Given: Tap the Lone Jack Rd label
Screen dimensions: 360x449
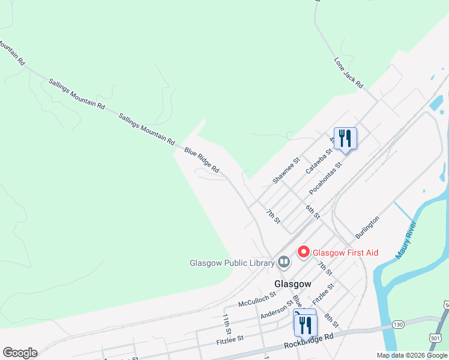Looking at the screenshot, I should pos(349,74).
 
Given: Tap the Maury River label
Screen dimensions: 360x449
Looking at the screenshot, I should pos(406,241).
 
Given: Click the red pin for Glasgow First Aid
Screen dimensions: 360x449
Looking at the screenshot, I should pos(304,252).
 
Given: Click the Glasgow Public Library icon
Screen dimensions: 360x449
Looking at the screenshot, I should pos(283,262).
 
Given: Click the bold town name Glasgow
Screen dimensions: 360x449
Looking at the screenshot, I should pos(293,283).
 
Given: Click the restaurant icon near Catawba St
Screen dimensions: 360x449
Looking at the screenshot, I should pos(345,138).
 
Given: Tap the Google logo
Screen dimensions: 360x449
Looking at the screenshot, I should pos(19,353).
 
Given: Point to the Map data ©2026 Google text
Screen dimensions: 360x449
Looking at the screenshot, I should pos(411,355).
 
